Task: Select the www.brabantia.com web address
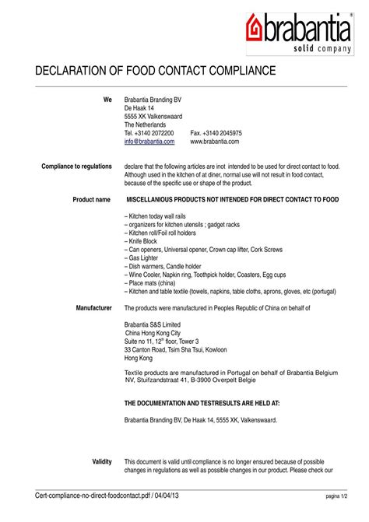tap(214, 142)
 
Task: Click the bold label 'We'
tap(107, 100)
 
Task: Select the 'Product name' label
tap(92, 200)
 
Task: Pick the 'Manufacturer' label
tap(94, 308)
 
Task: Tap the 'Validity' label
tap(102, 461)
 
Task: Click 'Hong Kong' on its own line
tap(140, 358)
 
